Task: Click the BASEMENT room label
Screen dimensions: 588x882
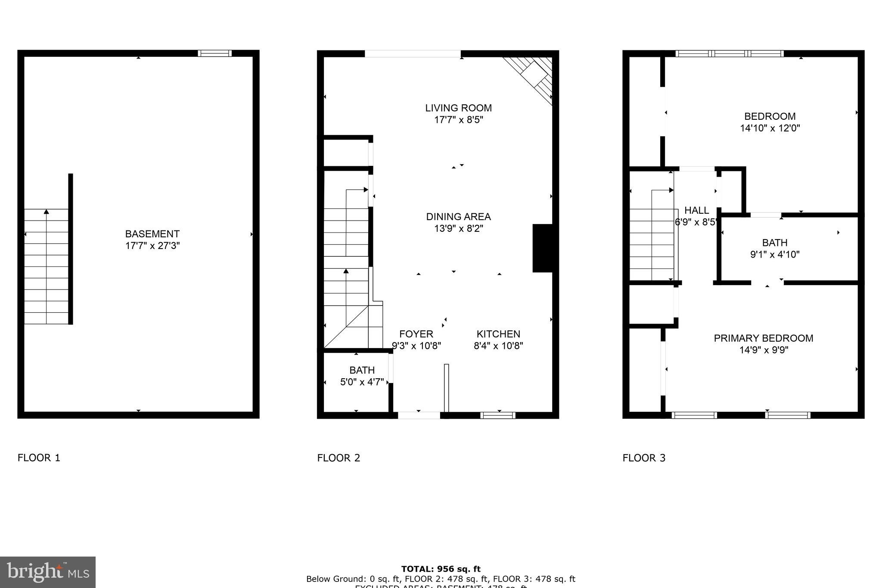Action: tap(152, 234)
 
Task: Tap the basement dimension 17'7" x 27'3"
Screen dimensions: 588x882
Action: tap(152, 246)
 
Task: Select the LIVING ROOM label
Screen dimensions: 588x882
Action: tap(458, 108)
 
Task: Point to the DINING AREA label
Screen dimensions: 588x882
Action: tap(458, 217)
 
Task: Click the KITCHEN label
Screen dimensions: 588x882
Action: tap(498, 334)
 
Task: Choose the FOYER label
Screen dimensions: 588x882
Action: tap(416, 334)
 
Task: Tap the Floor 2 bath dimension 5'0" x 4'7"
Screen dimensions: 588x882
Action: tap(362, 382)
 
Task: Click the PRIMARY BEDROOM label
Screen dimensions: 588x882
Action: tap(763, 338)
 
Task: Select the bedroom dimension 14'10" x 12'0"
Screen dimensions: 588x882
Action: tap(770, 128)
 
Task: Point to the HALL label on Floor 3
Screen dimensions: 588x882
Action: tap(696, 210)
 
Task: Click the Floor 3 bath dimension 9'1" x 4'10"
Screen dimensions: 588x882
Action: tap(774, 255)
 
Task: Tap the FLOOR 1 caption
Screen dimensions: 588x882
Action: tap(39, 458)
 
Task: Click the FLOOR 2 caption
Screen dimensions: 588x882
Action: tap(339, 458)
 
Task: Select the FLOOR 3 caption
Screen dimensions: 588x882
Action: tap(644, 458)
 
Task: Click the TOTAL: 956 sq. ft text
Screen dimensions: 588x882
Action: tap(441, 569)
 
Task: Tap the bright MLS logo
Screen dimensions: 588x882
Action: tap(47, 572)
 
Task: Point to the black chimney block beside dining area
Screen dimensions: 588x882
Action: tap(542, 248)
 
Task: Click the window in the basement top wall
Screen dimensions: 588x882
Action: tap(214, 53)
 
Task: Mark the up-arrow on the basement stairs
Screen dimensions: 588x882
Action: tap(47, 212)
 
